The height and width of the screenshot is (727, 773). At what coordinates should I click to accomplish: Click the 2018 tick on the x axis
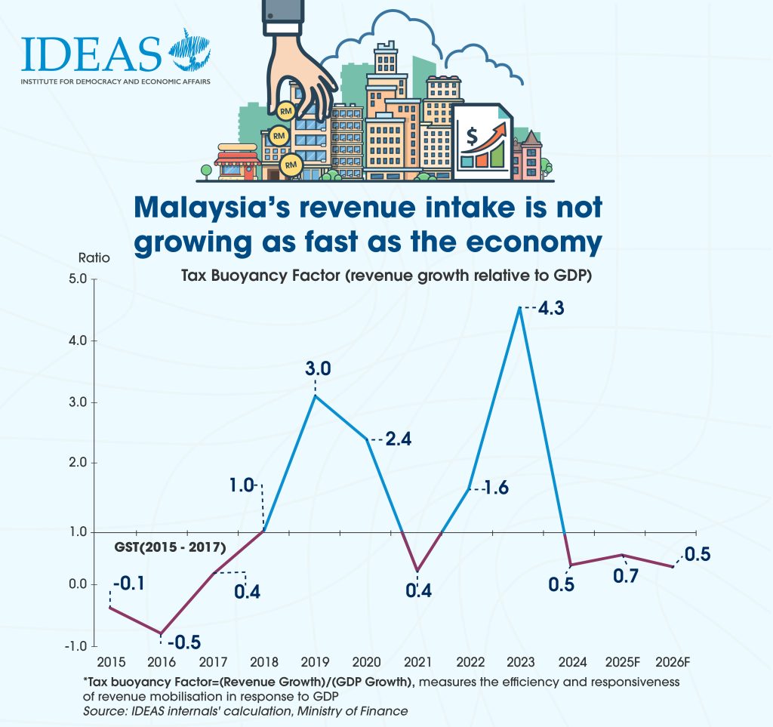coord(263,663)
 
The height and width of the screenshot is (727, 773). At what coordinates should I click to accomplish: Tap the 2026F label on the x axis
coord(672,663)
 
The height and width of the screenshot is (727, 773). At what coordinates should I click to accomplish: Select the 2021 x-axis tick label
coord(417,663)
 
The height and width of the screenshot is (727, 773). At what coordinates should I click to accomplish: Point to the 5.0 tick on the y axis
coord(79,280)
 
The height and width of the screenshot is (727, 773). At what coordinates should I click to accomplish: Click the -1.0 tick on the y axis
coord(77,646)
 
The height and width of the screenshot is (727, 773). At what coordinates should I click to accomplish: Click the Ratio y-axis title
coord(94,257)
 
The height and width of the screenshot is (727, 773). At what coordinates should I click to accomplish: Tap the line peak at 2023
coord(519,307)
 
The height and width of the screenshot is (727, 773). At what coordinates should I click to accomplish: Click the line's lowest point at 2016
coord(161,633)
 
